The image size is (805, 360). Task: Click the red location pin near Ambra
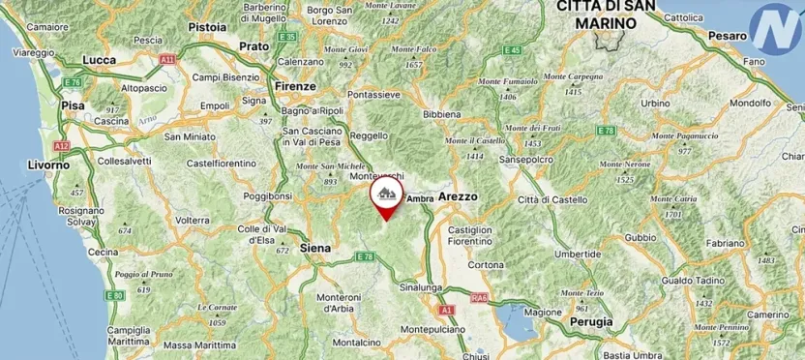point(386,198)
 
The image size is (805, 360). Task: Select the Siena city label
point(315,249)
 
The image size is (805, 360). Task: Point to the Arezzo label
point(459,196)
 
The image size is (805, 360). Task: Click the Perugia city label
point(592,321)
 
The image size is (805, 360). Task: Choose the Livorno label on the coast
point(48,165)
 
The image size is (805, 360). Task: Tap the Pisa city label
point(72,105)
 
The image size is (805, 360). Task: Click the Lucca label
point(101,60)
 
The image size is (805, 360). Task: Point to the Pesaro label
point(728,36)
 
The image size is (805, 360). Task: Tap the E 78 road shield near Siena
point(365,256)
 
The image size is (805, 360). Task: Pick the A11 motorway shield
point(168,59)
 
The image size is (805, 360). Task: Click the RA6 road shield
point(478,299)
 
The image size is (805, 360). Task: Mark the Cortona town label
point(485,264)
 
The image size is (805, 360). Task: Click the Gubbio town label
point(641,237)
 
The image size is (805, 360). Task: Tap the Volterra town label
point(193,220)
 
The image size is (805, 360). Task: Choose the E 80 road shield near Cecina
point(115,294)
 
